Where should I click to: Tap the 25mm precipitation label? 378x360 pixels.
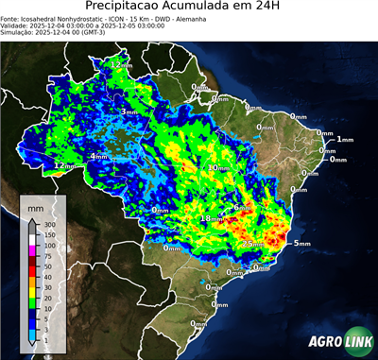click(252, 245)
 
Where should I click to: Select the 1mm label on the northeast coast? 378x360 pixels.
click(345, 139)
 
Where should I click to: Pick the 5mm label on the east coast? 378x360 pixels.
click(302, 244)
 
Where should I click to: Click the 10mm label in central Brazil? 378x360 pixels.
click(216, 167)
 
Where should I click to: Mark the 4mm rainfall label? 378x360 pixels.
click(97, 156)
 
